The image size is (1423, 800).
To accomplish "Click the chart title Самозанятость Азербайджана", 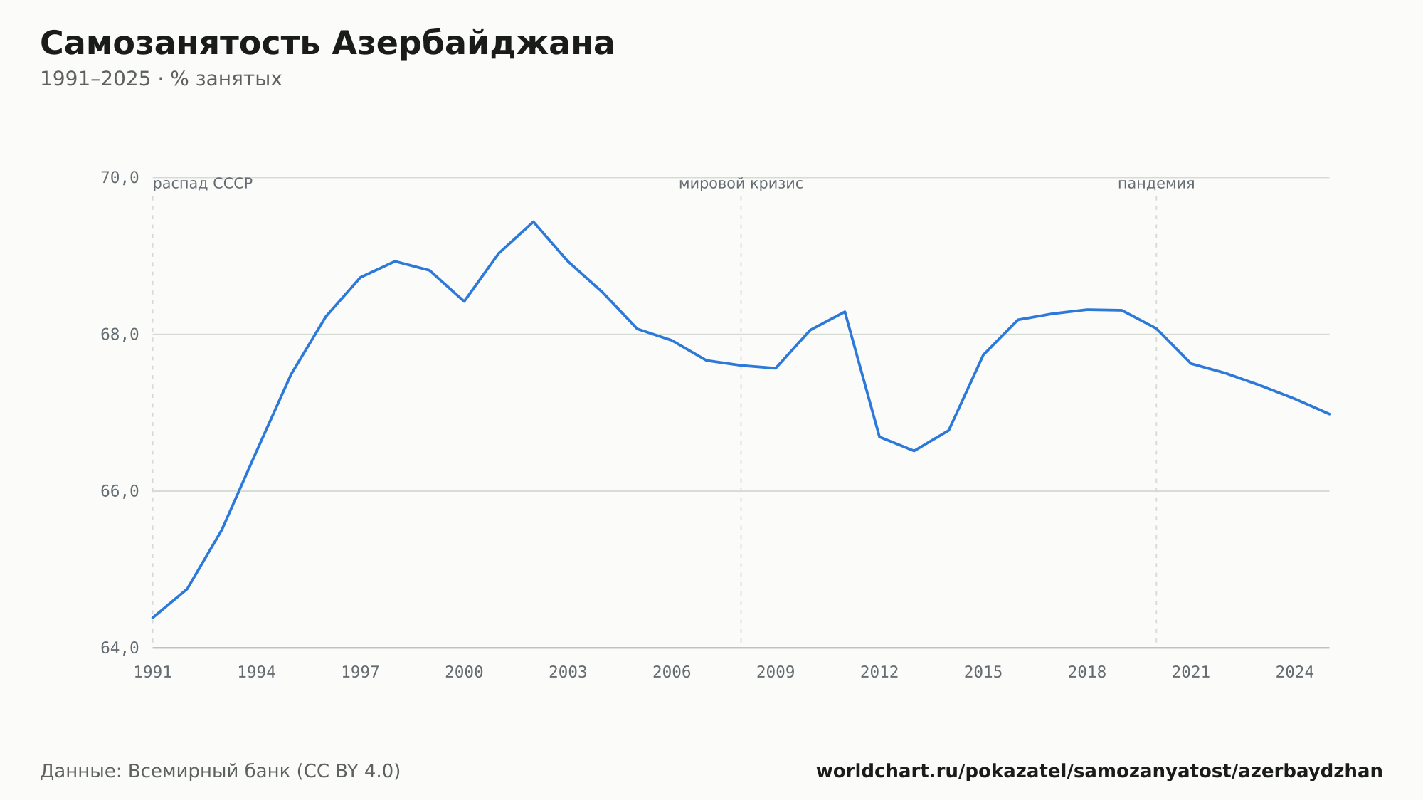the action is click(327, 44).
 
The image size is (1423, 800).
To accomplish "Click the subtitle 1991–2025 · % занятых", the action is click(161, 79).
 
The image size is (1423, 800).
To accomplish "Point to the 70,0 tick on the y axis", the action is click(120, 178).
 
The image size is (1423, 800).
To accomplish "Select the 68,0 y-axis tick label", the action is click(120, 335).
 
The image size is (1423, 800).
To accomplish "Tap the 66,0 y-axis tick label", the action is click(120, 491).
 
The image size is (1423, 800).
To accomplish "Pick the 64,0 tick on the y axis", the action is click(120, 648).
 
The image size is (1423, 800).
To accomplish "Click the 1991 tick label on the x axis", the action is click(153, 673).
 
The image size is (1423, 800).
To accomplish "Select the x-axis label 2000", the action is click(464, 673).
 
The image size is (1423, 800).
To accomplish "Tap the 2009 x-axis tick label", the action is click(776, 673).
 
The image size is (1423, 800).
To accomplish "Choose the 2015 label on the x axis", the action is click(983, 673).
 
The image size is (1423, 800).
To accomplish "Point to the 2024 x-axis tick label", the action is click(1295, 673).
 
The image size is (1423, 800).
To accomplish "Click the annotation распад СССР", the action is click(203, 184).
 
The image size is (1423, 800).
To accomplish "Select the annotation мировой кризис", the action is click(741, 184).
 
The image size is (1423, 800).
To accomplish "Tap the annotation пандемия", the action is click(1156, 184).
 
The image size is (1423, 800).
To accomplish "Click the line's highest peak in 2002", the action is click(533, 222).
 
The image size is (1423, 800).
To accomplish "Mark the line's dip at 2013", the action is click(914, 451).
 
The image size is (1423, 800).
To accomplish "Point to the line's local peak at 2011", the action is click(845, 312).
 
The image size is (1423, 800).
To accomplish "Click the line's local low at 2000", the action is click(464, 301).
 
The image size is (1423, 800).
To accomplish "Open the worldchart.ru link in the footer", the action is click(1099, 772).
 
